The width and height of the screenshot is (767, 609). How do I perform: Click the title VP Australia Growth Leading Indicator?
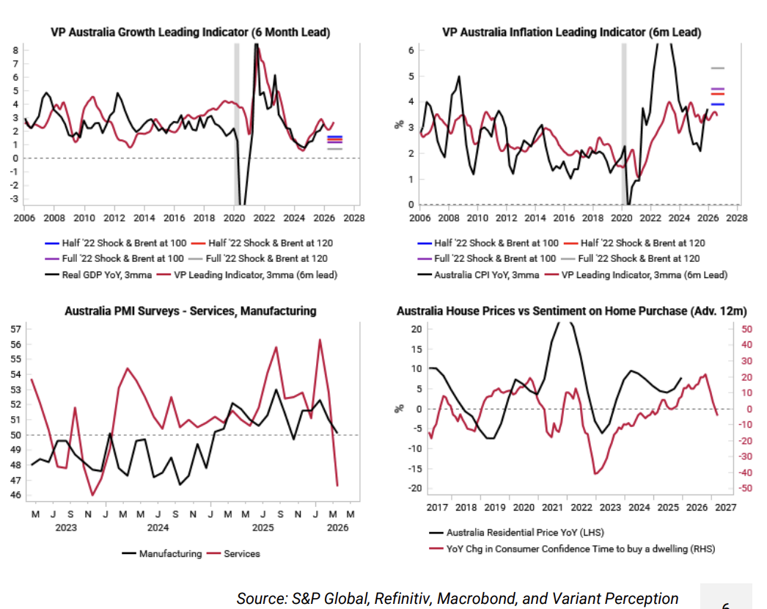coord(190,32)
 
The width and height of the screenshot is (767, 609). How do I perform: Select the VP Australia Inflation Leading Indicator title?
coord(571,32)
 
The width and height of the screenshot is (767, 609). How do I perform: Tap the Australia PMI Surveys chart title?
coord(190,310)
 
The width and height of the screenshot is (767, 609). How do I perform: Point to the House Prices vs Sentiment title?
coord(571,311)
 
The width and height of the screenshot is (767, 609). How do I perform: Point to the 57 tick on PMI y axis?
coord(15,329)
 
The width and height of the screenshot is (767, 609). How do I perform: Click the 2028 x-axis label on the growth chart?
coord(354,218)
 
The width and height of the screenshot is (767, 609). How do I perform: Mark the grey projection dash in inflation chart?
coord(717,68)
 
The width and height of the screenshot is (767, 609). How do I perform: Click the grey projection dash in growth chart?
coord(334,149)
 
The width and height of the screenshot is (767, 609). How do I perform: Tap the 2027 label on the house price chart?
coord(725,507)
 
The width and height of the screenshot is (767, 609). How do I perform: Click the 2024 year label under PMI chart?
coord(158,528)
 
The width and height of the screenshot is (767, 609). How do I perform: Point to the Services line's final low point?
coord(337,485)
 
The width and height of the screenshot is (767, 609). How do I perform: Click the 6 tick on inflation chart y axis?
coord(412,50)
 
